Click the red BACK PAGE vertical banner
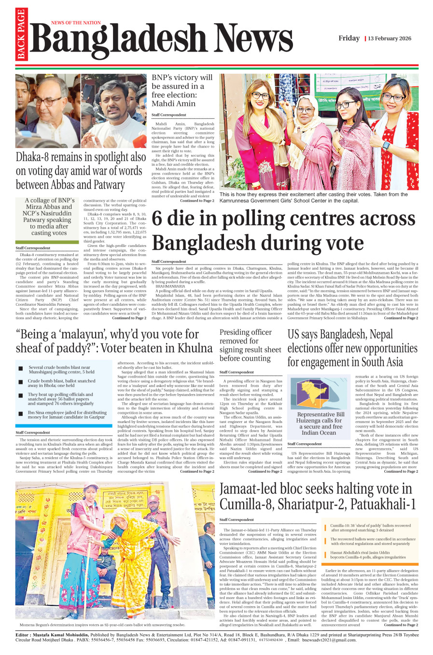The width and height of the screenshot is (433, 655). click(21, 35)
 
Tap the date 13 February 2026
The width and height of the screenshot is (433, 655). click(390, 39)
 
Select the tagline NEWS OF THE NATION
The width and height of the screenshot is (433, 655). click(76, 23)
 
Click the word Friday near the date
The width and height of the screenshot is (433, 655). click(349, 39)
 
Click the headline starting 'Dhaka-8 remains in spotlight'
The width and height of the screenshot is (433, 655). click(81, 171)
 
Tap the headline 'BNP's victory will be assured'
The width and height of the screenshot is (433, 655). click(182, 90)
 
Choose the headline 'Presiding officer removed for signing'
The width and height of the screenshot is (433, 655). click(250, 345)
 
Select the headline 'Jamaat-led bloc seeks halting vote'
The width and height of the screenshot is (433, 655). click(317, 496)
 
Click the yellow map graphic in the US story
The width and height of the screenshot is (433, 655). click(316, 393)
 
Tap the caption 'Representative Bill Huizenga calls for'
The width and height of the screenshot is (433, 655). click(321, 423)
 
